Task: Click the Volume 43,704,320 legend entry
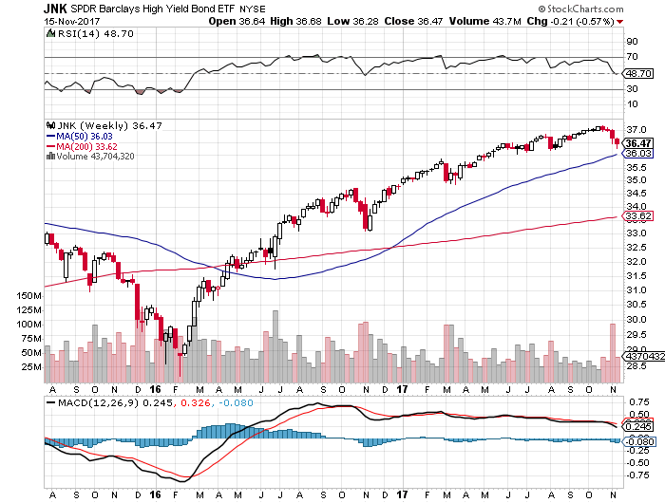(94, 156)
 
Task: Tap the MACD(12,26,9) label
(87, 401)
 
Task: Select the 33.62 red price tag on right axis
(636, 217)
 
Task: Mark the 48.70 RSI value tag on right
(636, 72)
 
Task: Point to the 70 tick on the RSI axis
(630, 58)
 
